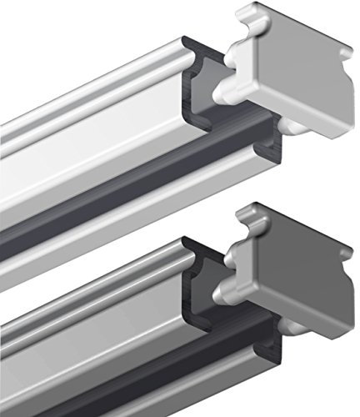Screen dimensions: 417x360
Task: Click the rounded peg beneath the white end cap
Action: click(x=287, y=125)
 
